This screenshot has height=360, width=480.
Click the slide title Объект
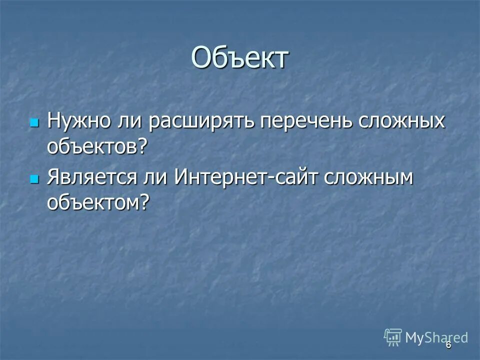(240, 58)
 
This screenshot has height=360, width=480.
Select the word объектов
(92, 146)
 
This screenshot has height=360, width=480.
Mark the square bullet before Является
(34, 179)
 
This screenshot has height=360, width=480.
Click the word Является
(92, 179)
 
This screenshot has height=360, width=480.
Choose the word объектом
(93, 202)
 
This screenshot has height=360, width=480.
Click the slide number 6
(448, 345)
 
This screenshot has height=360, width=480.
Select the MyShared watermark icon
(393, 337)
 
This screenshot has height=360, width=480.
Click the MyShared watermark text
(437, 337)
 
